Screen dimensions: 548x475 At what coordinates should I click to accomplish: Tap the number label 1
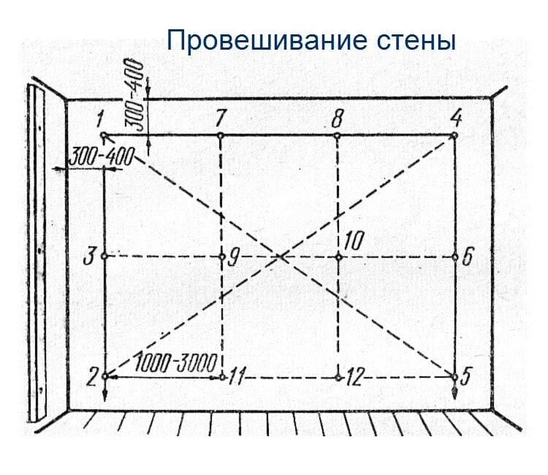point(99,118)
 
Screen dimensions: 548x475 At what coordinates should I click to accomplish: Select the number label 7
point(220,117)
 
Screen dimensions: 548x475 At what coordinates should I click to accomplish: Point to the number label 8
point(337,116)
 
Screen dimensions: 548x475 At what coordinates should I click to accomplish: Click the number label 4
point(456,116)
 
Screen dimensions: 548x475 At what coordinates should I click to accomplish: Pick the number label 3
point(88,257)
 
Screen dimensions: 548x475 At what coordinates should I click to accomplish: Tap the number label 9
point(234,256)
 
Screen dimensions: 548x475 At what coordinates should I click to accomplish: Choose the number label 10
point(354,242)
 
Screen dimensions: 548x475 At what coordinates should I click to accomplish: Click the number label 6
point(468,256)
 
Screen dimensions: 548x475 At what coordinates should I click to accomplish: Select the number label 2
point(92,377)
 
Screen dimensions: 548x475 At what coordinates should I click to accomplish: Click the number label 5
point(468,377)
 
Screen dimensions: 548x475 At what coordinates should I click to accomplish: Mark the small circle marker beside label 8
point(337,136)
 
